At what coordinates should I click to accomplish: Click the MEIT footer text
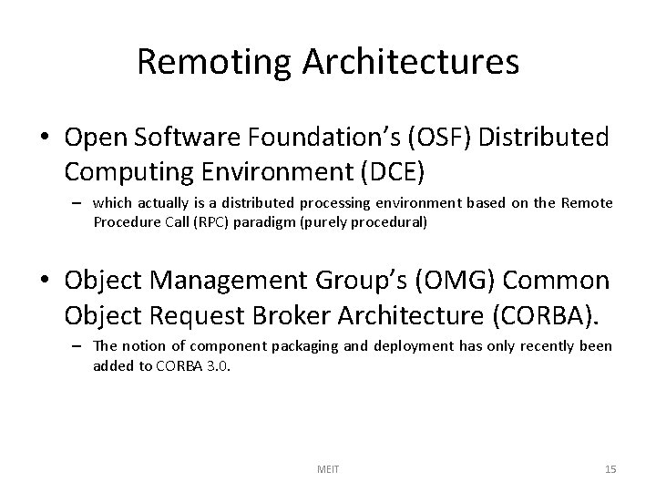coord(327,469)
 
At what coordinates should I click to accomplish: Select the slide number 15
coord(610,469)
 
